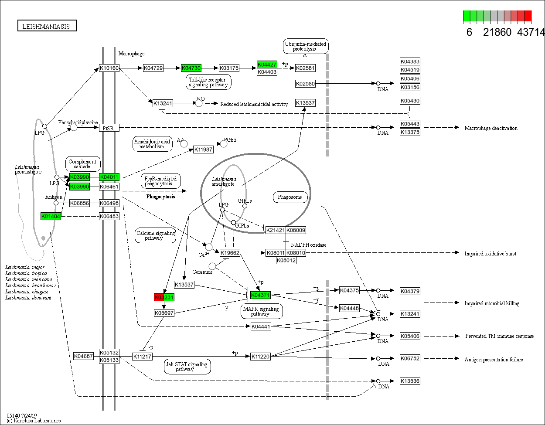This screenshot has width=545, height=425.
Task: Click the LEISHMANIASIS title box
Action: click(x=47, y=26)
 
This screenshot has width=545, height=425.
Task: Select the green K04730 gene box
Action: click(x=191, y=68)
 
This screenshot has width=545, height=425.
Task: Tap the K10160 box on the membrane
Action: click(x=109, y=68)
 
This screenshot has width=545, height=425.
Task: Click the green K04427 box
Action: click(x=267, y=65)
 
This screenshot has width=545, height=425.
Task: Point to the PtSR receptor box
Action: click(x=109, y=128)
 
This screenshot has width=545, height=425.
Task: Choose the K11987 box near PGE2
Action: click(x=203, y=150)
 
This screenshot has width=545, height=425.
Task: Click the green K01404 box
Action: click(x=51, y=216)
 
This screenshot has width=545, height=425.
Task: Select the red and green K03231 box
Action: click(x=164, y=297)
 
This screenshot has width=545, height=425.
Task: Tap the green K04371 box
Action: click(x=260, y=295)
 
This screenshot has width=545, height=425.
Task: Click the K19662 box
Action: click(x=230, y=253)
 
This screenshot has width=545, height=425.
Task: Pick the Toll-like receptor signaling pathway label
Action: click(x=208, y=82)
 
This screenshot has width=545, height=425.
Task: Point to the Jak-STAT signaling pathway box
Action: click(x=187, y=366)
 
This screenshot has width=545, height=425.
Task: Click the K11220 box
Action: click(x=260, y=356)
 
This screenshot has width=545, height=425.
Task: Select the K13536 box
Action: click(x=410, y=381)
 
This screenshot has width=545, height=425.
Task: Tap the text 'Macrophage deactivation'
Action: click(x=491, y=128)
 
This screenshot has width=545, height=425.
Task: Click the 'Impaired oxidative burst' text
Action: click(x=490, y=254)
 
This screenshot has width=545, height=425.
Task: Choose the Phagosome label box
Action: click(x=290, y=197)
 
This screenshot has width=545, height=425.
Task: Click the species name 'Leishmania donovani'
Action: click(x=28, y=298)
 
